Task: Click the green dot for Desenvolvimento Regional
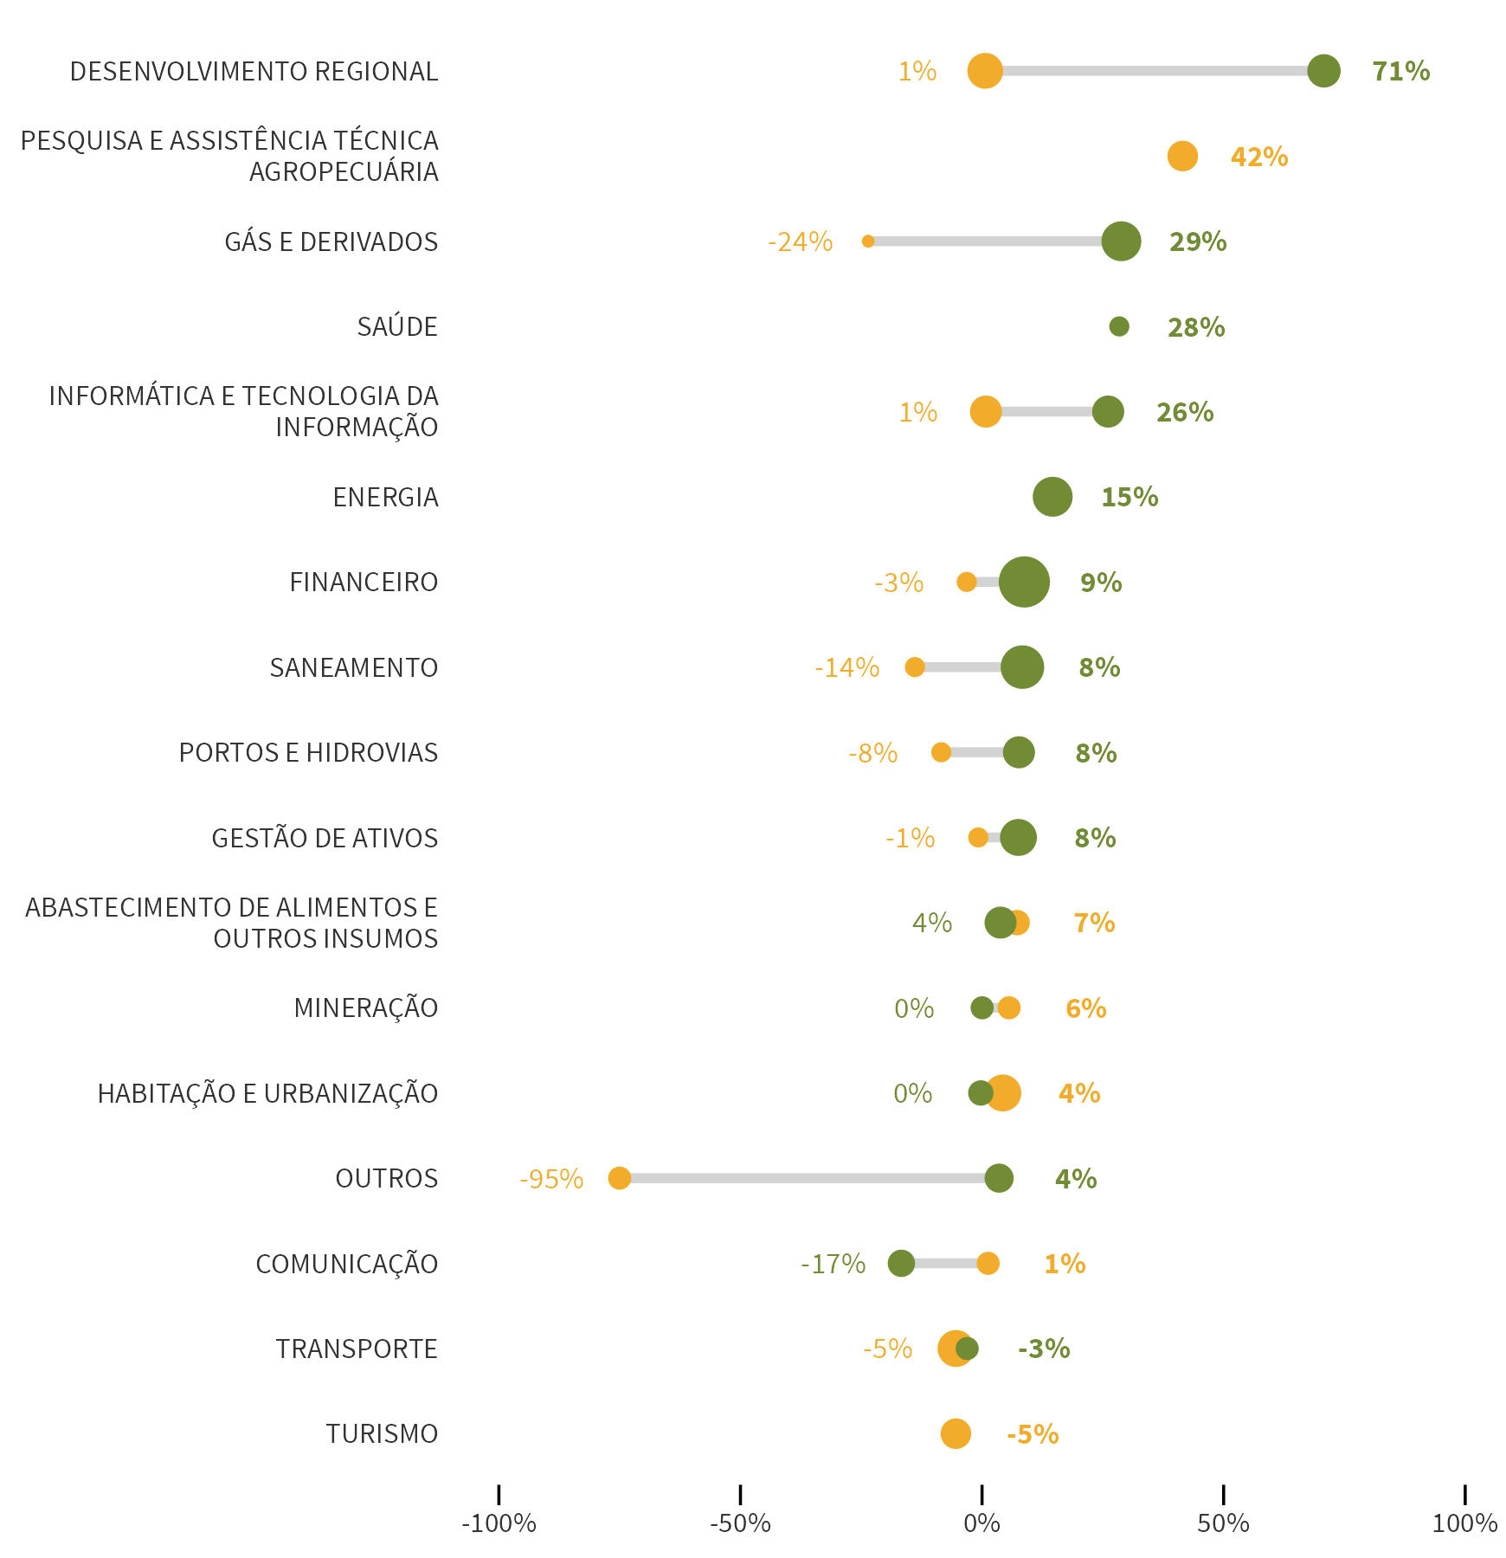pos(1323,71)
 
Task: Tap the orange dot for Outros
pos(619,1178)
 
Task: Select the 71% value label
pos(1400,71)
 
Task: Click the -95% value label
pos(551,1179)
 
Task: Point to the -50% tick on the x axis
pos(740,1523)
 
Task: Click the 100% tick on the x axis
pos(1464,1523)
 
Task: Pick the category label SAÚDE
pos(397,327)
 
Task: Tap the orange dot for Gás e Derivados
pos(867,241)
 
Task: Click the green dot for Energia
pos(1052,497)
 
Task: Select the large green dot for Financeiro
pos(1024,582)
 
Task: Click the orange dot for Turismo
pos(956,1433)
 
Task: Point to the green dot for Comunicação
pos(901,1263)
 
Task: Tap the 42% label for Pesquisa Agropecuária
pos(1258,157)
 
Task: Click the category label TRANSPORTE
pos(357,1349)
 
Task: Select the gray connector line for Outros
pos(805,1178)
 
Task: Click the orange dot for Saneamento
pos(914,666)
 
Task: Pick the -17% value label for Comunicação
pos(833,1264)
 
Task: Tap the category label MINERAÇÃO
pos(366,1008)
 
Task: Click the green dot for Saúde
pos(1119,326)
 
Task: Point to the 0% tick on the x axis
pos(981,1523)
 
